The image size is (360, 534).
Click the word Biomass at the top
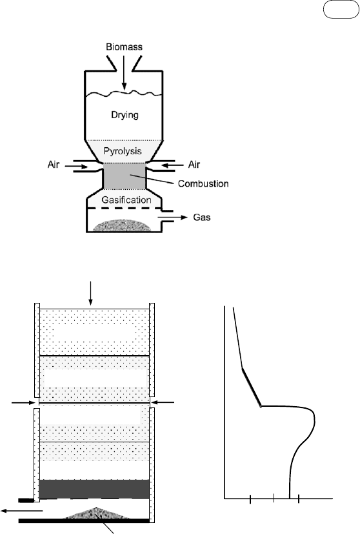point(125,46)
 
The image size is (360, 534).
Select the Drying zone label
point(125,115)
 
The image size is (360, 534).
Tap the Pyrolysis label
point(123,151)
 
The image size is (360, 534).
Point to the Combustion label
point(203,183)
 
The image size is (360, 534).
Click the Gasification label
point(126,200)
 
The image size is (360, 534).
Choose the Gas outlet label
point(202,217)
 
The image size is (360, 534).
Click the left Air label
point(54,165)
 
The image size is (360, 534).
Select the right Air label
point(194,165)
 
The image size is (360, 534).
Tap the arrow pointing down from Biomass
point(125,72)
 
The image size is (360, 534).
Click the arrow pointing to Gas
point(172,217)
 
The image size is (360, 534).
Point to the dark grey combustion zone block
point(125,176)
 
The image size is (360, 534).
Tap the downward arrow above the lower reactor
point(90,293)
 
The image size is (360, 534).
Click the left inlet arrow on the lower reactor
point(23,403)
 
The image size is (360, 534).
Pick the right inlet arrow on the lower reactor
point(163,403)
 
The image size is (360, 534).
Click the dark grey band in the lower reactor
point(94,489)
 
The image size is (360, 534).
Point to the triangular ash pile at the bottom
point(97,513)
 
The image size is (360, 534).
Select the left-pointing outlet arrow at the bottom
point(22,511)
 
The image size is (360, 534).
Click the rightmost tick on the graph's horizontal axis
point(299,500)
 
